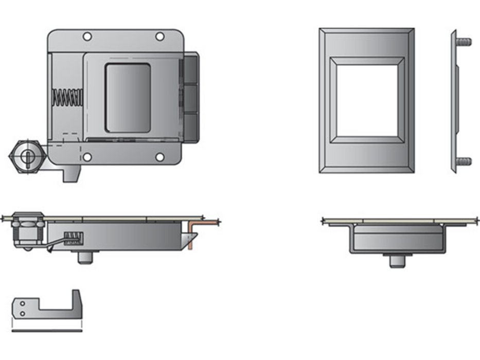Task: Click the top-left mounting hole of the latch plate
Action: [x=87, y=37]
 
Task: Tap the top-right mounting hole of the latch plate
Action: [x=160, y=37]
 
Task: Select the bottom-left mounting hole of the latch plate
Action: [x=87, y=157]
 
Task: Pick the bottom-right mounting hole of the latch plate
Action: [x=160, y=157]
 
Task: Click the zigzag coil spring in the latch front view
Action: [x=67, y=98]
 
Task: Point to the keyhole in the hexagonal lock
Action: [x=24, y=154]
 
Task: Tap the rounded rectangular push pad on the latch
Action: [x=128, y=98]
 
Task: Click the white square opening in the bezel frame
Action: [x=367, y=100]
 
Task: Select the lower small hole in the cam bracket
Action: [x=22, y=313]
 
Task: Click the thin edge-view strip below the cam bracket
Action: [x=46, y=331]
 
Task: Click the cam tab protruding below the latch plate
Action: [x=72, y=174]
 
